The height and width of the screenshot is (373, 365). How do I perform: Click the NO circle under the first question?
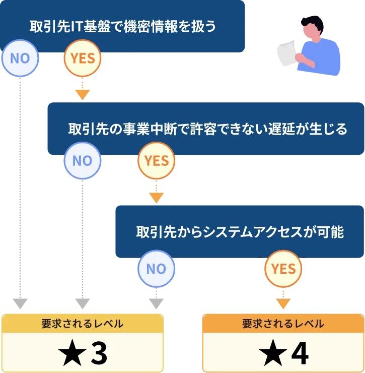pos(20,58)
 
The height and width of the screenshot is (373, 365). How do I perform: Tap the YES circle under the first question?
pos(83,58)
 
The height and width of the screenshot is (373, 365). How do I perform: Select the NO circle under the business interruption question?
pos(83,161)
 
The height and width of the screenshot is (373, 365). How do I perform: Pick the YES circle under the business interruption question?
pos(156,161)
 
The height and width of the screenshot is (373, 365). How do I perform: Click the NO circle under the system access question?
pos(156,269)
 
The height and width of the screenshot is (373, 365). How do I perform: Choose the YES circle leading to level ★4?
pos(283,269)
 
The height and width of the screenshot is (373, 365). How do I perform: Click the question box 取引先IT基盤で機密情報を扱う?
pos(123,26)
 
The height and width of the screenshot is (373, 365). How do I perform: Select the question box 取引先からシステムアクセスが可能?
pos(240,232)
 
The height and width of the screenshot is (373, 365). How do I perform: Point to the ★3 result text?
pos(83,354)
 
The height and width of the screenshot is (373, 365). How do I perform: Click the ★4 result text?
pos(283,354)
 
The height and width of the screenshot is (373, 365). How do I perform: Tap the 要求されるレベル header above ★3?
pos(83,324)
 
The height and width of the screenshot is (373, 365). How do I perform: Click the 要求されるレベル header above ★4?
pos(283,324)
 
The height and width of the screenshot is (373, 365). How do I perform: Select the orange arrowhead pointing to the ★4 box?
pos(283,304)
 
